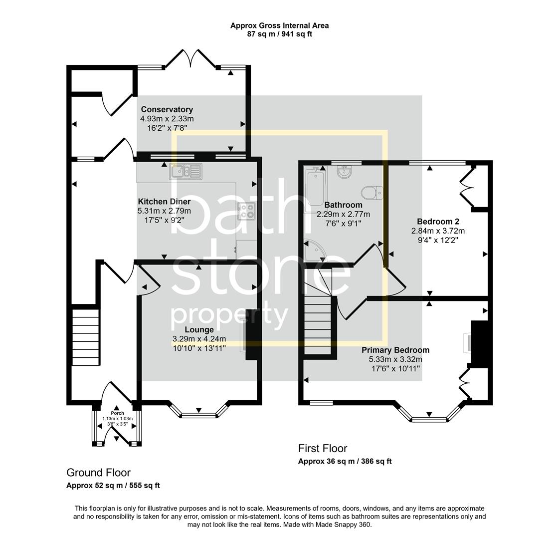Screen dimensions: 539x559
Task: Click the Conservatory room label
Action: coord(167,109)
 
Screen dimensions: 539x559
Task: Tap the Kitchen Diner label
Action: coord(164,202)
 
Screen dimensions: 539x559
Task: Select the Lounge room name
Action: coord(199,329)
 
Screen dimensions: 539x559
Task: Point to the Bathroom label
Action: coord(343,205)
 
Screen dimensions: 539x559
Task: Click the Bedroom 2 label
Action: coord(438,222)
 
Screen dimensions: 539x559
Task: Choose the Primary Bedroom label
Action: coord(395,350)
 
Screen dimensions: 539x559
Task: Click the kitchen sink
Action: coord(185,171)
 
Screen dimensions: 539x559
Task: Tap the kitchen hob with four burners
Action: coord(246,212)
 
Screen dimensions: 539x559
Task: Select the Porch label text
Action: coord(117,413)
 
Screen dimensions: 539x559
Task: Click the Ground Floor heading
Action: coord(98,473)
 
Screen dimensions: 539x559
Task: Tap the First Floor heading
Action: coord(322,448)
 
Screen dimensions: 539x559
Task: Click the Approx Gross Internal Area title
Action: coord(279,25)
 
